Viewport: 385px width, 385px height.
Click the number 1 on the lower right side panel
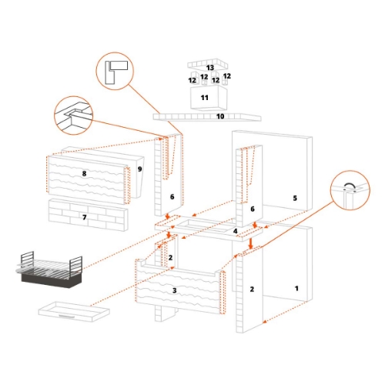(296, 287)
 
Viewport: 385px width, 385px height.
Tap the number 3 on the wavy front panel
(175, 290)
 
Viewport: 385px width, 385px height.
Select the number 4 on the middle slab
(236, 230)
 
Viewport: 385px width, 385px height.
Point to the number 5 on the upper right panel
(294, 198)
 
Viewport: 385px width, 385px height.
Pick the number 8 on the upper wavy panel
(84, 175)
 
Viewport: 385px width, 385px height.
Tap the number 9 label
(139, 169)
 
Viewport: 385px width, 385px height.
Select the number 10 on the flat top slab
(219, 117)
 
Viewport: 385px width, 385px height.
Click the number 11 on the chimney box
(205, 99)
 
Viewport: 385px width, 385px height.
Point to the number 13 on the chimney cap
(209, 69)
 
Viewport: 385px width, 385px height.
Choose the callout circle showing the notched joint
(74, 115)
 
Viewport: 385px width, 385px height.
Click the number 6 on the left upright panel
(172, 197)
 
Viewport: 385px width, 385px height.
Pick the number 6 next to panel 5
(252, 209)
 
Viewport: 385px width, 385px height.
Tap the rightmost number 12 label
(226, 77)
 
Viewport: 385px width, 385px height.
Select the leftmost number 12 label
(192, 80)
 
